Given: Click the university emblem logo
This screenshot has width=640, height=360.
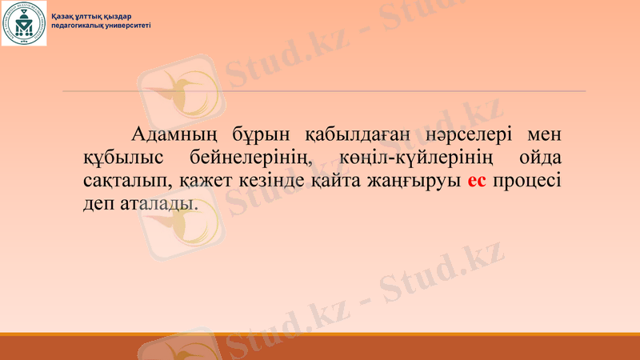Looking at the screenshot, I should [24, 24].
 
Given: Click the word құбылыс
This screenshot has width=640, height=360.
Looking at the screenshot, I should [125, 156].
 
